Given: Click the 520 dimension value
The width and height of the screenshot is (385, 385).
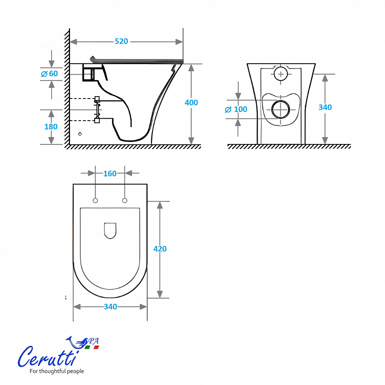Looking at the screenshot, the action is (121, 41).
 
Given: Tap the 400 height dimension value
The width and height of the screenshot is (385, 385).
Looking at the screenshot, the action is (191, 102).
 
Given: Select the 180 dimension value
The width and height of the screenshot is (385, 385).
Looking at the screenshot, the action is (51, 127).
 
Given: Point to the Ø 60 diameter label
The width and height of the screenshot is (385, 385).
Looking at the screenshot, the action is (49, 74).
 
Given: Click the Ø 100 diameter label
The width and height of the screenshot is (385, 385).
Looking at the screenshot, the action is (236, 109).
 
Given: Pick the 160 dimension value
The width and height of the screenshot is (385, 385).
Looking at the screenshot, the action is (110, 174).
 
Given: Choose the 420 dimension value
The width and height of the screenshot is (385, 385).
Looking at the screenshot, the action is (160, 249).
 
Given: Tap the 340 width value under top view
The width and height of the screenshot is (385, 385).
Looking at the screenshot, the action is (110, 307).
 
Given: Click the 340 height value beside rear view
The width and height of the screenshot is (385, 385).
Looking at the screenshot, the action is (325, 107).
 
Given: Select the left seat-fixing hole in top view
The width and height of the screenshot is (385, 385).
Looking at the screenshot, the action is (95, 201).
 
